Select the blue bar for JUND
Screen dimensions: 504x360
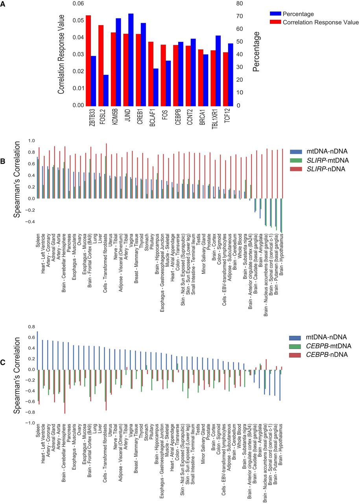(x=131, y=59)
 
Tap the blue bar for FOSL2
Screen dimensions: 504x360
(x=94, y=90)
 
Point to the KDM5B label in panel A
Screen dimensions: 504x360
(x=107, y=118)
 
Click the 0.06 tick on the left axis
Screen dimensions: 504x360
(x=78, y=4)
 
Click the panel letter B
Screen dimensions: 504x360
(x=3, y=161)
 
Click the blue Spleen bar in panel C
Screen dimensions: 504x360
(x=37, y=350)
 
